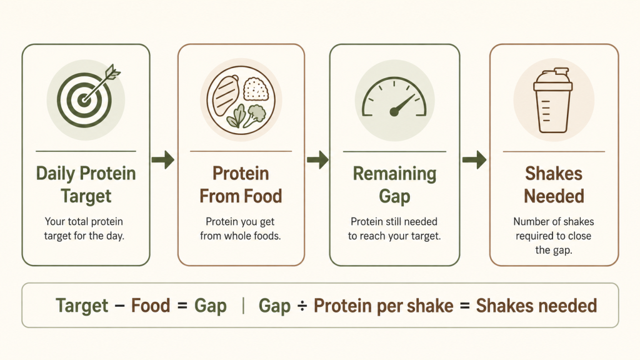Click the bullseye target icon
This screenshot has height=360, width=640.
[84, 100]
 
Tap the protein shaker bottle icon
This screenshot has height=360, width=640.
[553, 101]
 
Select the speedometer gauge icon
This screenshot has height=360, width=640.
[394, 97]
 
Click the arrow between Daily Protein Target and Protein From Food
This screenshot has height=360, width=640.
[163, 159]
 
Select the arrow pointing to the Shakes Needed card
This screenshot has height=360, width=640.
[474, 159]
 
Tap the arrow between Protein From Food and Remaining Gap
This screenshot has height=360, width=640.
[317, 159]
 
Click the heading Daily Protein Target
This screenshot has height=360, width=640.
[86, 185]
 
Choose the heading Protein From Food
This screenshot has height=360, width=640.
[241, 185]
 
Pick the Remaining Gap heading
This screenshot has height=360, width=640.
[394, 185]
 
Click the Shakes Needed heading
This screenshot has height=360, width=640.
[554, 185]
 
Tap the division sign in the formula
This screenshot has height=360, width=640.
[302, 306]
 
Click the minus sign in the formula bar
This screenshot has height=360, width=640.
[119, 306]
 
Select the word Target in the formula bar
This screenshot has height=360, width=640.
[82, 306]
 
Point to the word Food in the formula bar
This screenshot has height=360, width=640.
[150, 306]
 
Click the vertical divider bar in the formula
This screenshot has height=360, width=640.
[243, 306]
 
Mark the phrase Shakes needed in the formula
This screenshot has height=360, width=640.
[536, 306]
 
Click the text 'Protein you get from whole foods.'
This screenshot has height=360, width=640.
[241, 229]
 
